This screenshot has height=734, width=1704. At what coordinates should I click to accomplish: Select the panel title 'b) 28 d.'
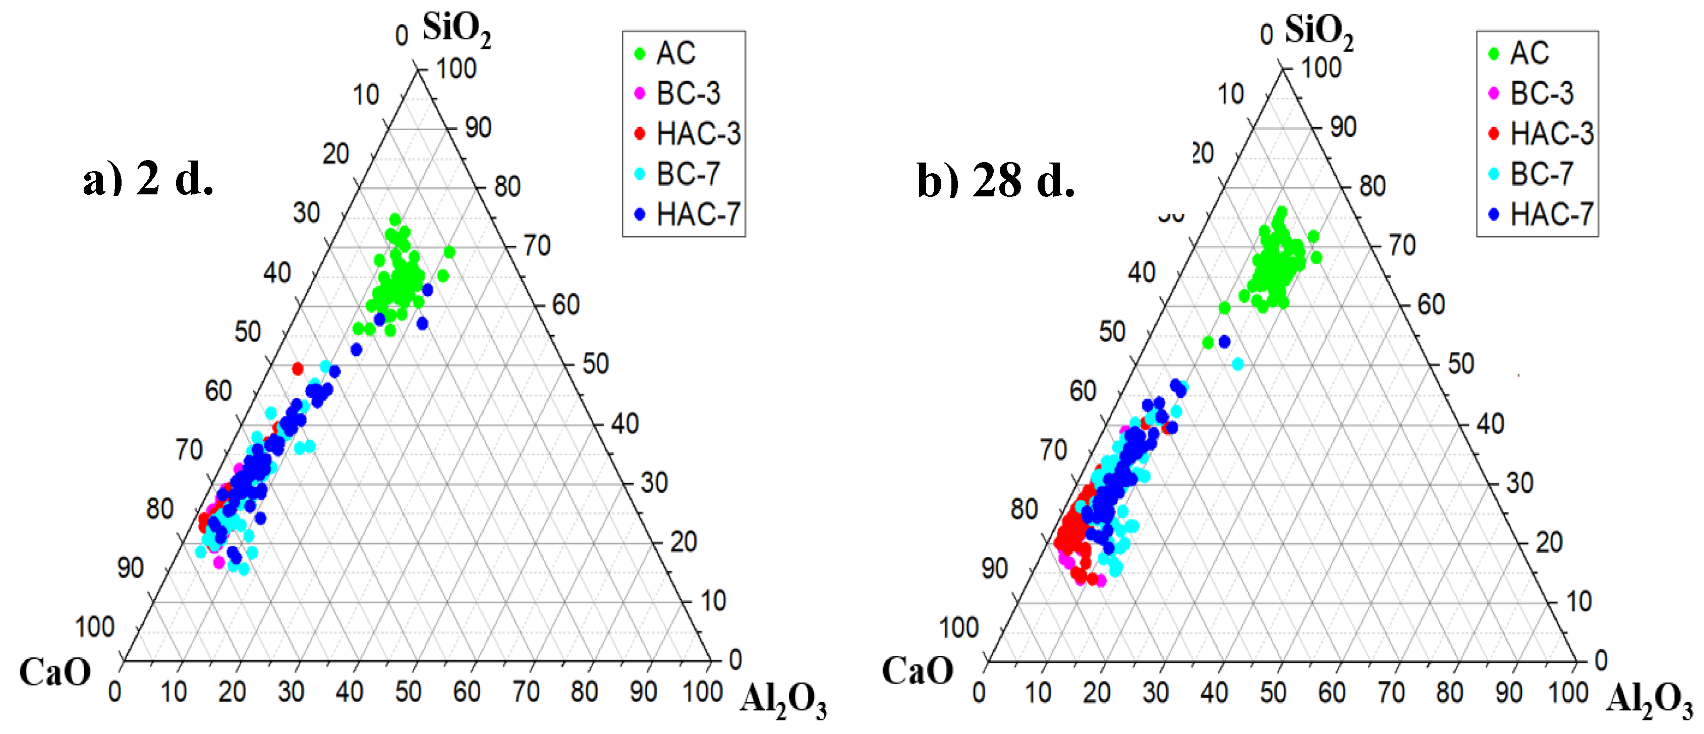tap(996, 180)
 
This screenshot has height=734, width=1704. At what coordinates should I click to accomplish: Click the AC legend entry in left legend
tap(675, 54)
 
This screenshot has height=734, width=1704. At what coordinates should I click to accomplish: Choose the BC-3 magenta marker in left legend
tap(639, 93)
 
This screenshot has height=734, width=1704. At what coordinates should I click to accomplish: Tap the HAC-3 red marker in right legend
tap(1493, 134)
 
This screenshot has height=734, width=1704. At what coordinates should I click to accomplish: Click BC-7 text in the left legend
tap(688, 174)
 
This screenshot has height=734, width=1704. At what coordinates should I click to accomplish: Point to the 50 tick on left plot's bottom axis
tap(408, 692)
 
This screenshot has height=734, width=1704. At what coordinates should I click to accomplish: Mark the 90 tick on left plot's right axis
tap(478, 128)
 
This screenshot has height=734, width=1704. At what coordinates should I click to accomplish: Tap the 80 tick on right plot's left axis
tap(1024, 509)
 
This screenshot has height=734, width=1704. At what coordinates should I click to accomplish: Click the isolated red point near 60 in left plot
tap(298, 368)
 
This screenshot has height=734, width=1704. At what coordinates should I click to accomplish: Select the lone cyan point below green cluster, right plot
tap(1238, 364)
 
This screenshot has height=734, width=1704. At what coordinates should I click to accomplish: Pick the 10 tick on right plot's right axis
tap(1578, 601)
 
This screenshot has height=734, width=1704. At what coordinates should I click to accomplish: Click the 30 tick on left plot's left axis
tap(306, 213)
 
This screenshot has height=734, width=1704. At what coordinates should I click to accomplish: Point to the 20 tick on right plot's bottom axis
tap(1096, 692)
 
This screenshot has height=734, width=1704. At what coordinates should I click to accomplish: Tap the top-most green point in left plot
tap(395, 219)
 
